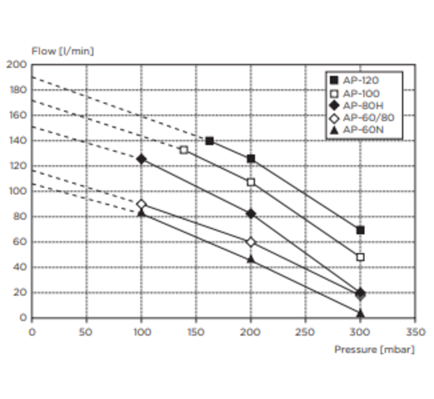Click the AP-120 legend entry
pyautogui.click(x=361, y=80)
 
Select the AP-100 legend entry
pyautogui.click(x=361, y=93)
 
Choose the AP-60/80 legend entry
pyautogui.click(x=368, y=117)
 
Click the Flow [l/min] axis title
pyautogui.click(x=62, y=51)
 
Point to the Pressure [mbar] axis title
pyautogui.click(x=374, y=349)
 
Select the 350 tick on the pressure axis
pyautogui.click(x=415, y=332)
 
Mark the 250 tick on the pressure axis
pyautogui.click(x=306, y=332)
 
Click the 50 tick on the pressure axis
pyautogui.click(x=86, y=332)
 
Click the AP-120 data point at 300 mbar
pyautogui.click(x=360, y=230)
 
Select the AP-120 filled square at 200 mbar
pyautogui.click(x=251, y=159)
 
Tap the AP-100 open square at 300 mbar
pyautogui.click(x=360, y=257)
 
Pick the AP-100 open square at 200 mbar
pyautogui.click(x=251, y=182)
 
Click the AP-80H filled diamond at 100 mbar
pyautogui.click(x=141, y=159)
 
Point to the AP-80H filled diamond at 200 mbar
pyautogui.click(x=251, y=214)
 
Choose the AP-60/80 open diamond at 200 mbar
pyautogui.click(x=251, y=242)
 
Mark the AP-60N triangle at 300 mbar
pyautogui.click(x=360, y=313)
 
